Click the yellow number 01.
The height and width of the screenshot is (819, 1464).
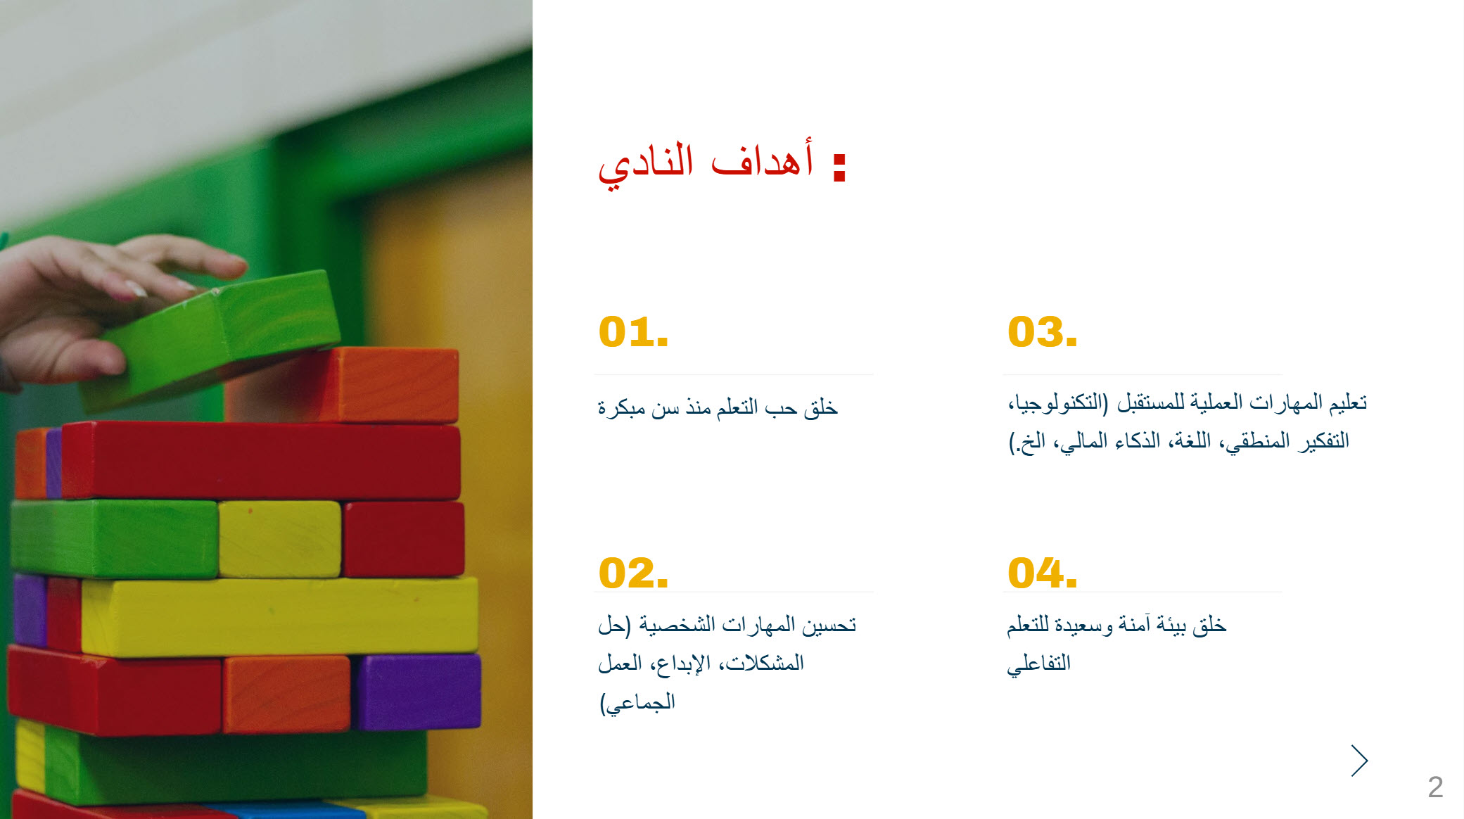coord(633,332)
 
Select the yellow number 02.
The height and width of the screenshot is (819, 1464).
coord(633,573)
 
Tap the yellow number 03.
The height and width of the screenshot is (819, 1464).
coord(1042,332)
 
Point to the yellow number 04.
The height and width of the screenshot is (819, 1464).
coord(1042,573)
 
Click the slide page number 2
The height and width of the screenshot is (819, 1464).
coord(1435,787)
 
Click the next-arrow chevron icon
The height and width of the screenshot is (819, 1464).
coord(1359,761)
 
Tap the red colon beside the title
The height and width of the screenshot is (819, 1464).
coord(839,167)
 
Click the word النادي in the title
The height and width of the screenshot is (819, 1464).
coord(646,165)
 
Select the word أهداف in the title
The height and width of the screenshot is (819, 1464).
coord(763,158)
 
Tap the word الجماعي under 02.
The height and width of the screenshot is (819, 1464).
coord(637,702)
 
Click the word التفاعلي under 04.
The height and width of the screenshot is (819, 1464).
coord(1038,664)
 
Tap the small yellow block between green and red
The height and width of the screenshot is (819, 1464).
coord(280,539)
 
